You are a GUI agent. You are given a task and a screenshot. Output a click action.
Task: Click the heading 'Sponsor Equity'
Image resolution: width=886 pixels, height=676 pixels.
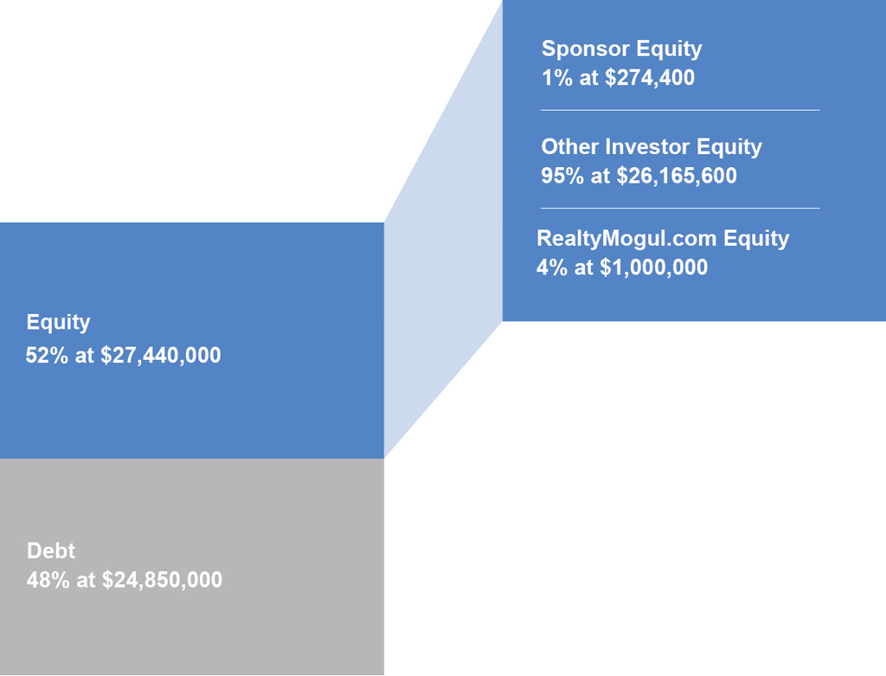click(621, 49)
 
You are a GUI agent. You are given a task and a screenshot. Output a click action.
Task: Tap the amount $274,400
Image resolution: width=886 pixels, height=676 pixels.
click(650, 77)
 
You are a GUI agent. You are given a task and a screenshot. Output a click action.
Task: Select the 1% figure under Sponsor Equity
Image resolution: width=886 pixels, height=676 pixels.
click(557, 77)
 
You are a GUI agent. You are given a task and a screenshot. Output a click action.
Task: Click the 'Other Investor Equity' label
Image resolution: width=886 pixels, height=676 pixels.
click(652, 147)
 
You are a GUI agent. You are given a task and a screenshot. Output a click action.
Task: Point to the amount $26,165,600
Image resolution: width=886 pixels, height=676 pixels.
click(677, 175)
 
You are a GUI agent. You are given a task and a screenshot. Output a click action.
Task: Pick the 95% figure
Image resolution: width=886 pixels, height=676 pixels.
click(562, 175)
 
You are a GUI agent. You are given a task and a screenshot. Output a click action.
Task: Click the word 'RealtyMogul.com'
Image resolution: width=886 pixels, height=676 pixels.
click(626, 239)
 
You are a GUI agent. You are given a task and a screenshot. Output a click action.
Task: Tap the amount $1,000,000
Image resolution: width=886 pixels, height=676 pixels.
click(654, 267)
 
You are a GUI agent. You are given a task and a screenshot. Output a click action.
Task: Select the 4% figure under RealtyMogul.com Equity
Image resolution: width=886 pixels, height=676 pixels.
click(551, 267)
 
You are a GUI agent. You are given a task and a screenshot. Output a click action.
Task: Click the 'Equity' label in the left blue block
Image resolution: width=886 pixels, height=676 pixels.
click(58, 322)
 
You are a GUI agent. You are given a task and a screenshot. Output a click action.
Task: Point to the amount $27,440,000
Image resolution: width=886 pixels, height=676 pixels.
click(160, 355)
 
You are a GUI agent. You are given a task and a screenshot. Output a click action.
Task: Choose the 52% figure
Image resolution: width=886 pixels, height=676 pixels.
click(47, 355)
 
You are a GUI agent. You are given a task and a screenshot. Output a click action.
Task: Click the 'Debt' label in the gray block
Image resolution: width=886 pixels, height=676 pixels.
click(51, 550)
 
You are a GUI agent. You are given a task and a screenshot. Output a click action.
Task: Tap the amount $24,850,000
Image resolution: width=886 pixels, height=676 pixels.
click(162, 579)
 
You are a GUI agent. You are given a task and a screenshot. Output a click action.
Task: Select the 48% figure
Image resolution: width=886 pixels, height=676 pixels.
click(48, 579)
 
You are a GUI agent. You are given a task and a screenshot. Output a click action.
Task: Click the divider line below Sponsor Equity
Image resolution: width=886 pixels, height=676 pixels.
click(680, 110)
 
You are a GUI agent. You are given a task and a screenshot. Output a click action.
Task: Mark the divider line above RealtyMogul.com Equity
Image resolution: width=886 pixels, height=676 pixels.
click(680, 208)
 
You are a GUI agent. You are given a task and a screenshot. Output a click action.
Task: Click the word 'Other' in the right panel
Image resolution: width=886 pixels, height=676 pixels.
click(569, 147)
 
